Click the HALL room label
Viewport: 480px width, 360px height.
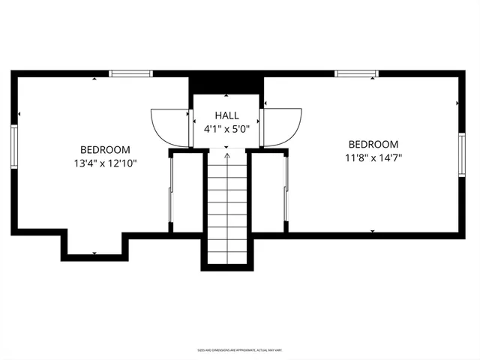pyautogui.click(x=226, y=115)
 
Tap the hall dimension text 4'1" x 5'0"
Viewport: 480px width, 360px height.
pyautogui.click(x=226, y=128)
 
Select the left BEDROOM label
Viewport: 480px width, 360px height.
pyautogui.click(x=105, y=149)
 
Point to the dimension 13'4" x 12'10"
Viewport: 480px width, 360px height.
pyautogui.click(x=105, y=162)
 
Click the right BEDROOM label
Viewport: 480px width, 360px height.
pyautogui.click(x=373, y=144)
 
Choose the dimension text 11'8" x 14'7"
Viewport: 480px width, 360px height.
pyautogui.click(x=373, y=157)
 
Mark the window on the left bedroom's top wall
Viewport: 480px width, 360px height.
pyautogui.click(x=131, y=73)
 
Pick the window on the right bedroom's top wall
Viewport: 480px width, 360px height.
pyautogui.click(x=356, y=73)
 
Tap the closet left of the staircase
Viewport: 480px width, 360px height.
pyautogui.click(x=186, y=191)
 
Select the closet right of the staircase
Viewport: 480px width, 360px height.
pyautogui.click(x=268, y=191)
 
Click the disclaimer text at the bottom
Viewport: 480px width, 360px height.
pyautogui.click(x=240, y=350)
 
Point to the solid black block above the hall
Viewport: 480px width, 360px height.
pyautogui.click(x=226, y=82)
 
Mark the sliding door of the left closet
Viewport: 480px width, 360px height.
pyautogui.click(x=172, y=191)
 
